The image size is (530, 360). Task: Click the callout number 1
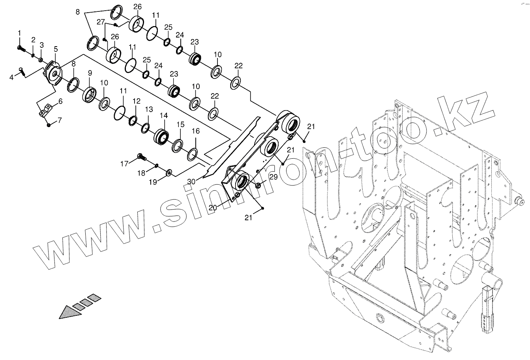coord(19,33)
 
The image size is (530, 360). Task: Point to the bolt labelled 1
coord(21,48)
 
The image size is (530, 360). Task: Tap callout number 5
coord(56,49)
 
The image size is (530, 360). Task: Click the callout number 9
coord(90,73)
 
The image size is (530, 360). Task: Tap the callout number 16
coord(196,131)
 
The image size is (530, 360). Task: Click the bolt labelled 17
coord(141,157)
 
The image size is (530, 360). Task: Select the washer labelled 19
coord(169,172)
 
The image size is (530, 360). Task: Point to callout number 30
coord(191,182)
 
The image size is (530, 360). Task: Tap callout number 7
coord(60,120)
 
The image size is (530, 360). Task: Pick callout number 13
coord(149,109)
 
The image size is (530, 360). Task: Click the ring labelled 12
coord(133,120)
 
